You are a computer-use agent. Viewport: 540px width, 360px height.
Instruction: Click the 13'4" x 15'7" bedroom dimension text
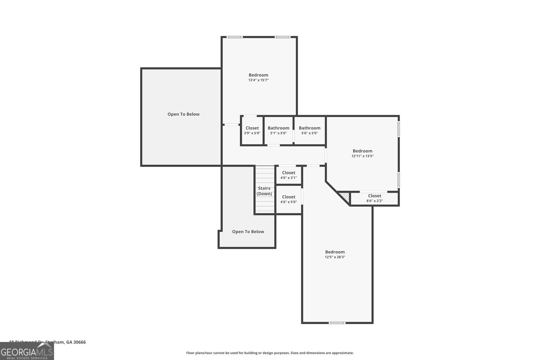coord(258,80)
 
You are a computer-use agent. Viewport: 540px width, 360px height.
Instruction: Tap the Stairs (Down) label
coord(264,191)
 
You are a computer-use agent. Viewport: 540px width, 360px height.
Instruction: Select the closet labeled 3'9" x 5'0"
coord(252,131)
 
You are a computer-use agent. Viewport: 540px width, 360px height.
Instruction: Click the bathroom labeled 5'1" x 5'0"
coord(278,131)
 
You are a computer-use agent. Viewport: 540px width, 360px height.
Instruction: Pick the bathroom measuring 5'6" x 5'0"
coord(309,131)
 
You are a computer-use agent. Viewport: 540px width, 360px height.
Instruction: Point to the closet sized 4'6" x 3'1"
coord(289,175)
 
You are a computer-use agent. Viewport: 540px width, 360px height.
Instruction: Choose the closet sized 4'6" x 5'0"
coord(289,199)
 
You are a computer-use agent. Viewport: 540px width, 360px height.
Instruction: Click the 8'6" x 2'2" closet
coord(375,198)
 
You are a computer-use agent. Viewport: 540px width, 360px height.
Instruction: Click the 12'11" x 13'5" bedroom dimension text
coord(362,156)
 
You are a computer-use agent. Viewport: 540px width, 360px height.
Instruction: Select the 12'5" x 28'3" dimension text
coord(335,257)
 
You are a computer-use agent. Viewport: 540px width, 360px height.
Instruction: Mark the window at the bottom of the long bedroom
coord(337,323)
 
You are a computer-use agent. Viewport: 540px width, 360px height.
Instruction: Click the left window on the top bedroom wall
coord(234,37)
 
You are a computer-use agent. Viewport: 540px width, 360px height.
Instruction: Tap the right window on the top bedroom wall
coord(282,37)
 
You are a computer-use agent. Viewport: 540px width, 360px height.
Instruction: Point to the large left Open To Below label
coord(183,114)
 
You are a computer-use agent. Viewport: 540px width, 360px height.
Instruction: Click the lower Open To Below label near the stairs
coord(248,232)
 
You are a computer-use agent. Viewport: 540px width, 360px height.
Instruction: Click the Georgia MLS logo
coord(27,351)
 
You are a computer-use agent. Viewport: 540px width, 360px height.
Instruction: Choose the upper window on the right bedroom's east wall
coord(399,129)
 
